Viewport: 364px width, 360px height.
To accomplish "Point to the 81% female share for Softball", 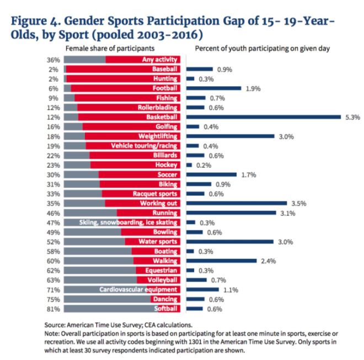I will pos(53,309).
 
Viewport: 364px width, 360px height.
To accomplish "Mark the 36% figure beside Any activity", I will pos(53,60).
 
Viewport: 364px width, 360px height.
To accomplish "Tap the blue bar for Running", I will pos(231,213).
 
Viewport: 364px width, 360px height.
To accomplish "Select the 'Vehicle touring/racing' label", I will pos(144,146).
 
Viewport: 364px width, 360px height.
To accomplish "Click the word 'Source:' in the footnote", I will pos(55,326).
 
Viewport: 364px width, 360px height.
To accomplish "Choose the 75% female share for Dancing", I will pos(53,299).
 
